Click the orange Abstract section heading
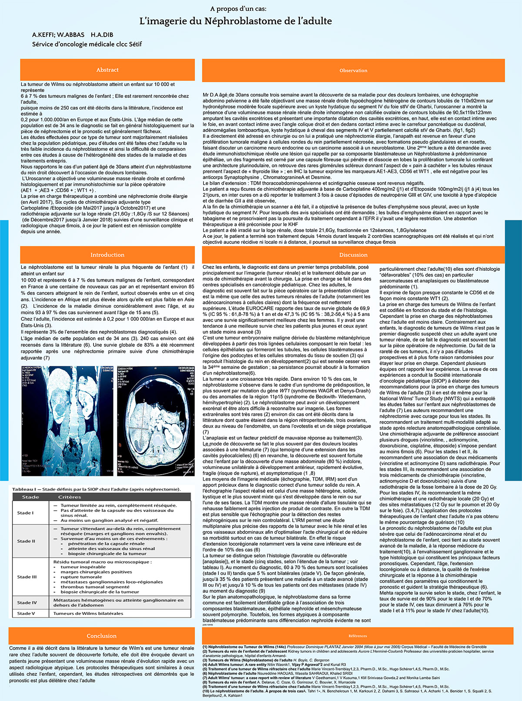(x=107, y=70)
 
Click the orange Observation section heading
(x=353, y=70)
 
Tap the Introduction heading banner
(x=107, y=255)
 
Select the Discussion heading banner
(x=353, y=255)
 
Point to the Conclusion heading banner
(x=101, y=636)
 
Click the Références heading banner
(x=358, y=636)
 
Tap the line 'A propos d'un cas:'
(x=238, y=9)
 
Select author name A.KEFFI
(x=42, y=34)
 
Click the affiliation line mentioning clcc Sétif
(x=87, y=44)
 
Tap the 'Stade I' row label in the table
(x=25, y=513)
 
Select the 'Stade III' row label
(x=27, y=577)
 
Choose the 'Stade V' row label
(x=26, y=614)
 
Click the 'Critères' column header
(x=70, y=497)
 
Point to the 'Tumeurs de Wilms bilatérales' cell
(x=88, y=614)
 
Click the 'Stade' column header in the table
(x=30, y=497)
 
